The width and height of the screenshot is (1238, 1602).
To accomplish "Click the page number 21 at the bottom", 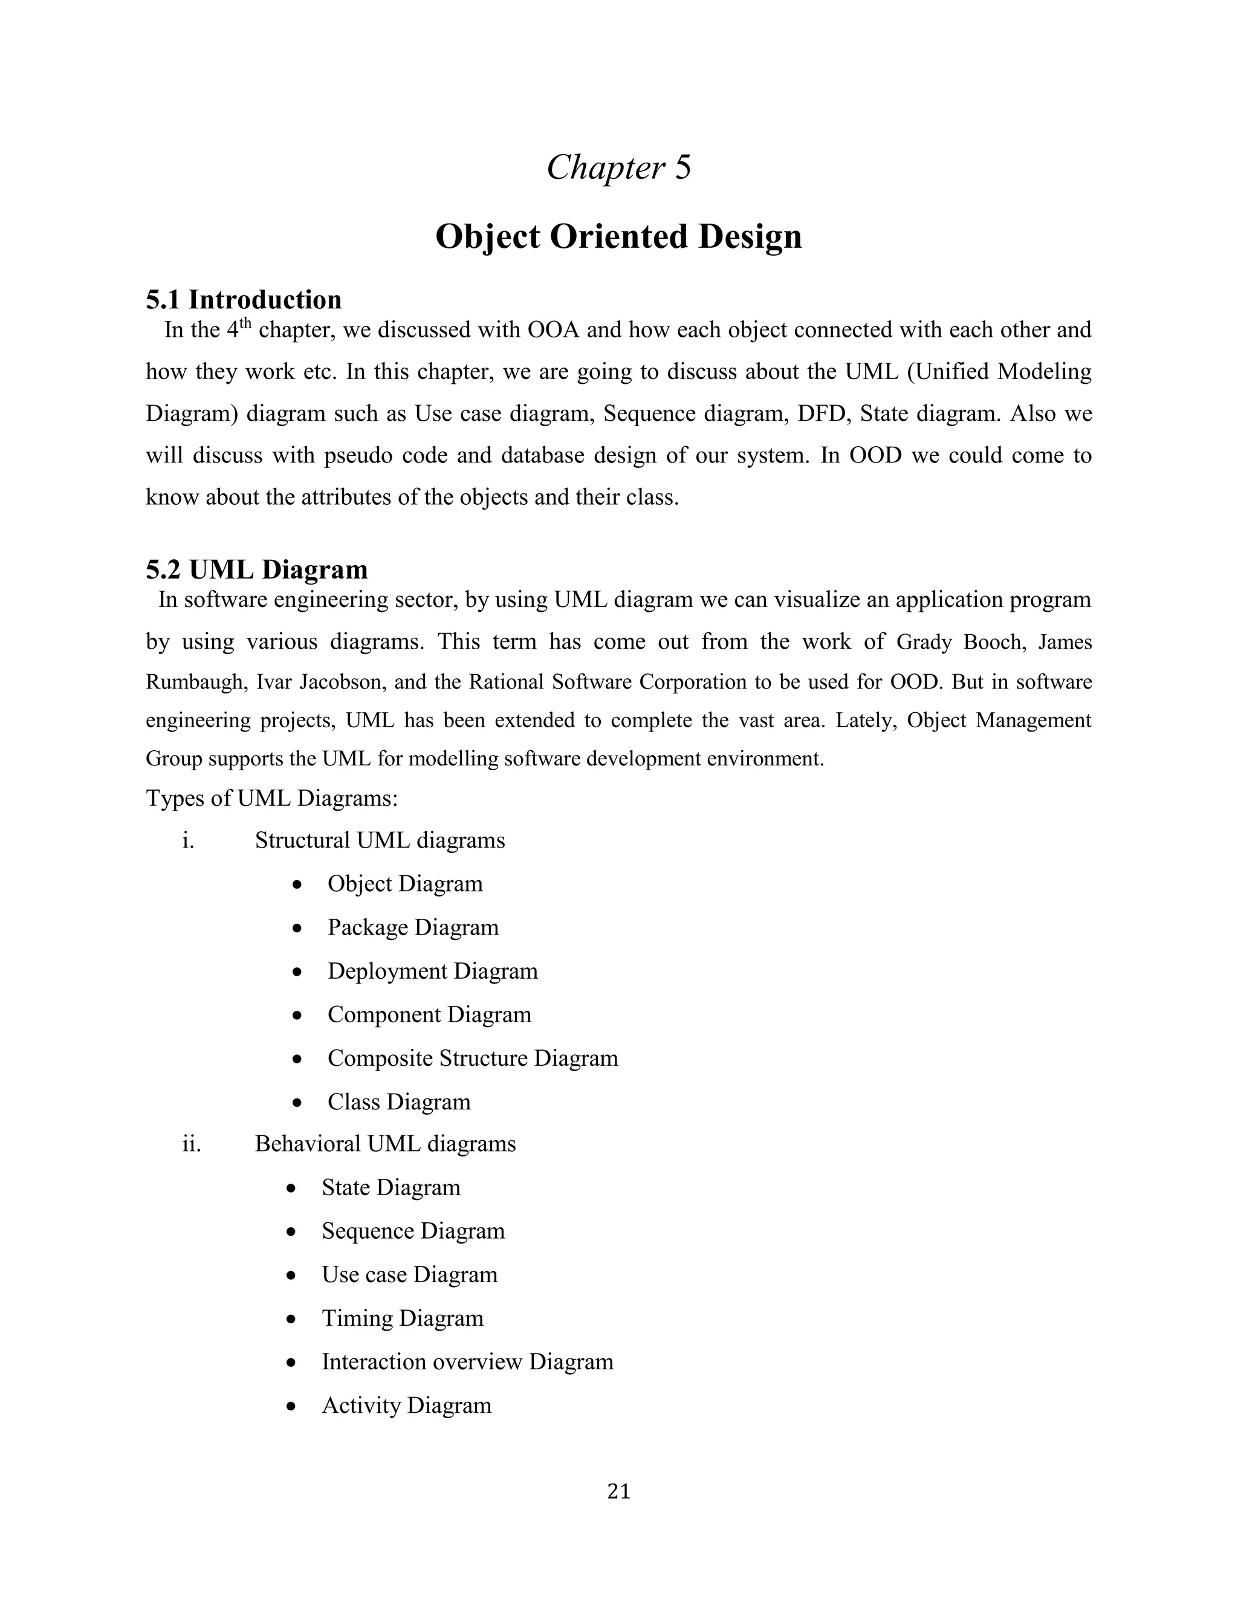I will [618, 1491].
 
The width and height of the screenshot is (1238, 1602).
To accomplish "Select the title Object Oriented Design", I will [618, 236].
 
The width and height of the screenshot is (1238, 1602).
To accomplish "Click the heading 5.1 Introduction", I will [244, 299].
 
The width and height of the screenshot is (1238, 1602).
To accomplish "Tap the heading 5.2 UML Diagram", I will [257, 569].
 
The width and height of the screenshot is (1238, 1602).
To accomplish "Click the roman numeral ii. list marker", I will [192, 1144].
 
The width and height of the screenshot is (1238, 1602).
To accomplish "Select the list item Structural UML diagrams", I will [380, 840].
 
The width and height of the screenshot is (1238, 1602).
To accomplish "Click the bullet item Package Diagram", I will [413, 927].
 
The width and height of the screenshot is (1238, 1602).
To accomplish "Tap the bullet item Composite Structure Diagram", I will [472, 1058].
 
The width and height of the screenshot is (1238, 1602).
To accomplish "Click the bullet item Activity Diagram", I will [406, 1406].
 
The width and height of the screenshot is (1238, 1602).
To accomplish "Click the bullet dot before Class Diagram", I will [296, 1103].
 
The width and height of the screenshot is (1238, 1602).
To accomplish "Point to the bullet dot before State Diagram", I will [291, 1189].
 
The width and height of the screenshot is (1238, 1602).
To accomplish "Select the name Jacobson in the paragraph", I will [340, 682].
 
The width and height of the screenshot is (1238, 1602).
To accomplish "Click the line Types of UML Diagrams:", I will [271, 797].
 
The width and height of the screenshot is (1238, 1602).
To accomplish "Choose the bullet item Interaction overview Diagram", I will [467, 1361].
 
